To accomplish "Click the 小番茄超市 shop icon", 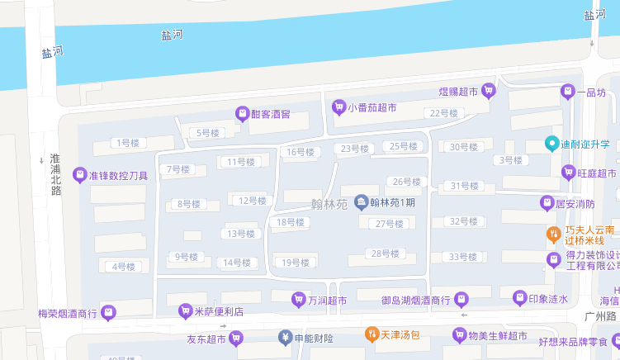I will pyautogui.click(x=338, y=107).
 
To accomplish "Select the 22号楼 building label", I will pyautogui.click(x=443, y=113).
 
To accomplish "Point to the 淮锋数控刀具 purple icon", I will pyautogui.click(x=79, y=174).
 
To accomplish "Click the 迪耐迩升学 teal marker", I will pyautogui.click(x=552, y=144).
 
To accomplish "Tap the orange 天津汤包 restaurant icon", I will pyautogui.click(x=372, y=335).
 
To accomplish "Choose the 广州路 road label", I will pyautogui.click(x=601, y=316).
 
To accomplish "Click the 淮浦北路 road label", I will pyautogui.click(x=55, y=174).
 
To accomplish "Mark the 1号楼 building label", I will pyautogui.click(x=127, y=143).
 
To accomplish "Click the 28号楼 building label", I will pyautogui.click(x=386, y=253).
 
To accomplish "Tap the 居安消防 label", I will pyautogui.click(x=575, y=203).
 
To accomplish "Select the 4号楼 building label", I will pyautogui.click(x=123, y=266).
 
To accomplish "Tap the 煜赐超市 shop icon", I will pyautogui.click(x=489, y=91).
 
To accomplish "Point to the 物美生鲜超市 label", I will pyautogui.click(x=498, y=335).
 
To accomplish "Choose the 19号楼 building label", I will pyautogui.click(x=295, y=263).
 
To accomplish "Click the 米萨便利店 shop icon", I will pyautogui.click(x=185, y=311).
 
